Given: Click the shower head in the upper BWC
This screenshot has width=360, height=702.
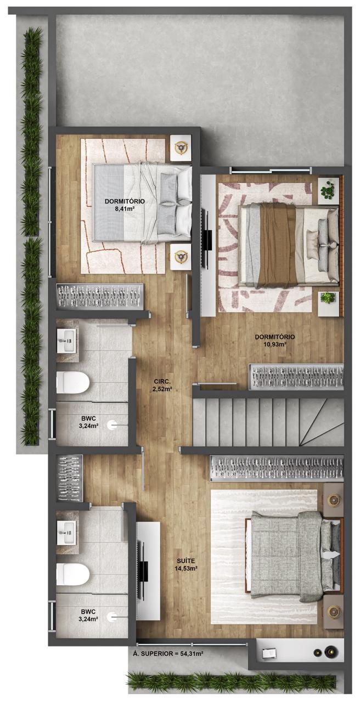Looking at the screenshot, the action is coord(112,425).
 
